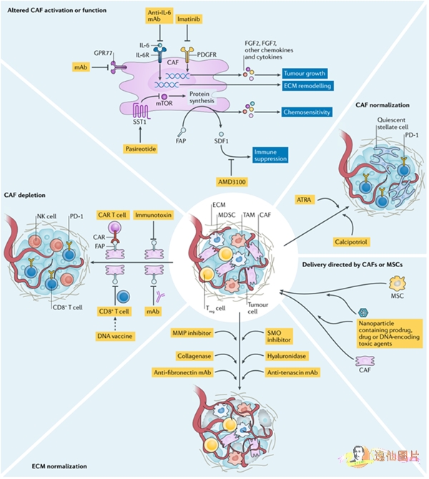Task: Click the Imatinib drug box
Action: (x=189, y=19)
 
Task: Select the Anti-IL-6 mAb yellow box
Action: (x=159, y=16)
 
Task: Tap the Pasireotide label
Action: (x=141, y=149)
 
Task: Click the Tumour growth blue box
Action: (x=304, y=74)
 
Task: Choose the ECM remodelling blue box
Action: (x=307, y=86)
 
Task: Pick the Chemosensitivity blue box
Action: (x=307, y=112)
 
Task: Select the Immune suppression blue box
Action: (x=270, y=155)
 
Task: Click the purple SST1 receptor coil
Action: (x=141, y=111)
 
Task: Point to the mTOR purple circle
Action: (x=164, y=97)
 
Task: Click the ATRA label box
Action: (x=304, y=200)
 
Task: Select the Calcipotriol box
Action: (x=351, y=242)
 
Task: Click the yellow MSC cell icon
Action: (x=398, y=284)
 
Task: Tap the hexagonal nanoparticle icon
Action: (x=363, y=312)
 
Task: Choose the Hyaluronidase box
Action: (x=286, y=356)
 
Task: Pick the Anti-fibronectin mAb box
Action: (x=182, y=372)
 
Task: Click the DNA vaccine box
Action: (x=114, y=336)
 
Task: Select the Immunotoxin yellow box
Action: (x=153, y=215)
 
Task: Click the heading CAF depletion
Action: (x=25, y=195)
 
